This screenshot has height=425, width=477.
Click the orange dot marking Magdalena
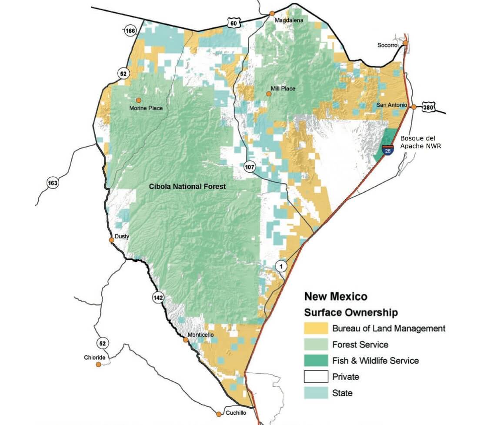tap(272, 13)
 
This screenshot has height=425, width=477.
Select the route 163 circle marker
tap(53, 183)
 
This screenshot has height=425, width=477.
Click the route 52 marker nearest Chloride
tap(102, 344)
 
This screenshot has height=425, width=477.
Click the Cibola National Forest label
tap(187, 187)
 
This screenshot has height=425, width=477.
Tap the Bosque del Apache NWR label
tap(420, 142)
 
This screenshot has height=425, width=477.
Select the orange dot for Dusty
tap(112, 240)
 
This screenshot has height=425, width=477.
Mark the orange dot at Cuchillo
tap(218, 414)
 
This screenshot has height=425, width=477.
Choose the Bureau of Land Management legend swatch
tap(316, 328)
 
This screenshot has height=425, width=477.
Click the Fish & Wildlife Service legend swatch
tap(316, 360)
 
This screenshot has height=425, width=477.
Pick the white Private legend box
tap(316, 376)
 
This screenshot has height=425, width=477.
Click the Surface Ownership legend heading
tap(350, 312)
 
